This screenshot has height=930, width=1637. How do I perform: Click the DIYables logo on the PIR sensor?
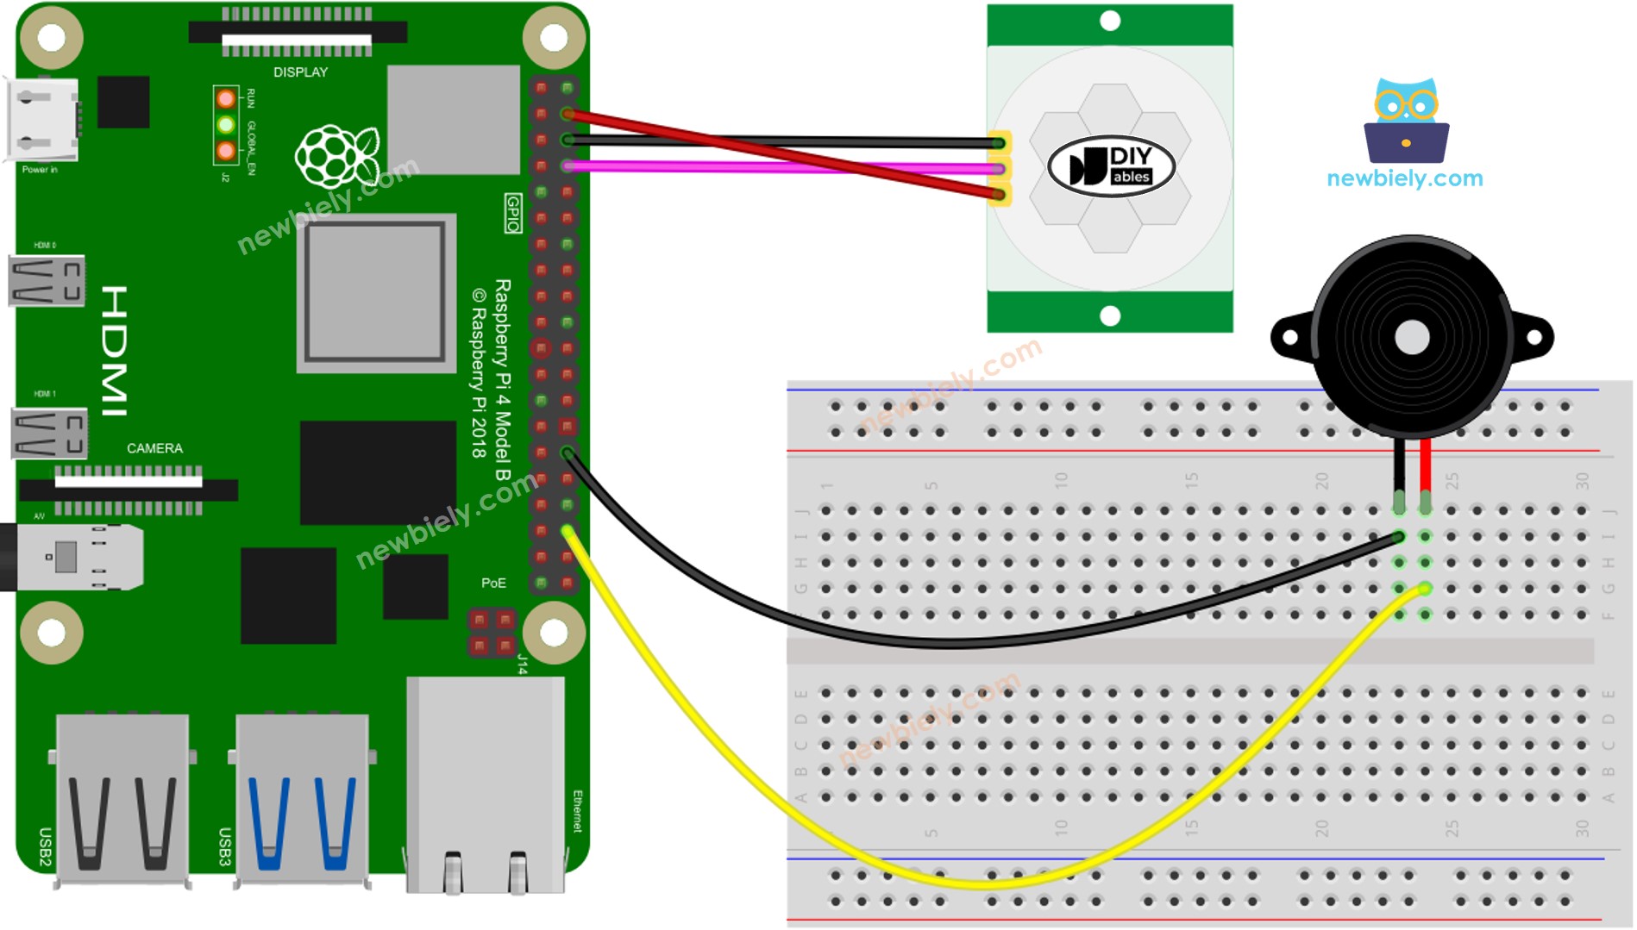pos(1110,165)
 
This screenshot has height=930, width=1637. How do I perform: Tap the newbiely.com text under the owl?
pos(1404,178)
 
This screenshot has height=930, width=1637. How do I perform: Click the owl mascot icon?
pos(1406,121)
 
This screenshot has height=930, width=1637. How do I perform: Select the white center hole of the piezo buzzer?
pos(1411,338)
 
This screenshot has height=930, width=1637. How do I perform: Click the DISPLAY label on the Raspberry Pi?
pos(300,72)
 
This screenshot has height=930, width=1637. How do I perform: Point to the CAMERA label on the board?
pos(154,448)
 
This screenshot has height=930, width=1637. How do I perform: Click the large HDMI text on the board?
pos(115,351)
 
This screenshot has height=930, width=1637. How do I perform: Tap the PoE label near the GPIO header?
pos(493,584)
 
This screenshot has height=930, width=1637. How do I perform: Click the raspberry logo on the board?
pos(336,156)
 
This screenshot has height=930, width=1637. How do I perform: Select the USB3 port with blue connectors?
pos(301,797)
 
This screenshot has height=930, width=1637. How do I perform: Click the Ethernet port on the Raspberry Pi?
pos(485,784)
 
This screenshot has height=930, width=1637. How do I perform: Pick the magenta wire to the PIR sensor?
pos(776,167)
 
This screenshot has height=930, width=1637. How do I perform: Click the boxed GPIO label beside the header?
pos(513,214)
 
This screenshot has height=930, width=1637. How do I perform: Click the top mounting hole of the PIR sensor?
pos(1110,21)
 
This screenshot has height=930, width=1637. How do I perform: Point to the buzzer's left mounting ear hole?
pos(1290,337)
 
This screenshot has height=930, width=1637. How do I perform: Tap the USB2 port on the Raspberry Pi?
pos(122,797)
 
